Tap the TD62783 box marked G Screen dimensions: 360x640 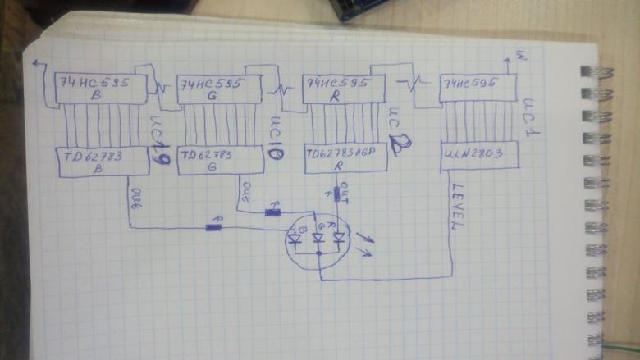pyautogui.click(x=219, y=159)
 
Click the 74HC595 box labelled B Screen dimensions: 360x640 pyautogui.click(x=99, y=88)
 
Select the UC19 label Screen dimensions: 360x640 pyautogui.click(x=159, y=140)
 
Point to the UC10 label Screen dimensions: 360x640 pyautogui.click(x=277, y=139)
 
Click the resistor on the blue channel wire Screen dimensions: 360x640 pyautogui.click(x=214, y=226)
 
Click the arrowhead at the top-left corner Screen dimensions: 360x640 pyautogui.click(x=36, y=64)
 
